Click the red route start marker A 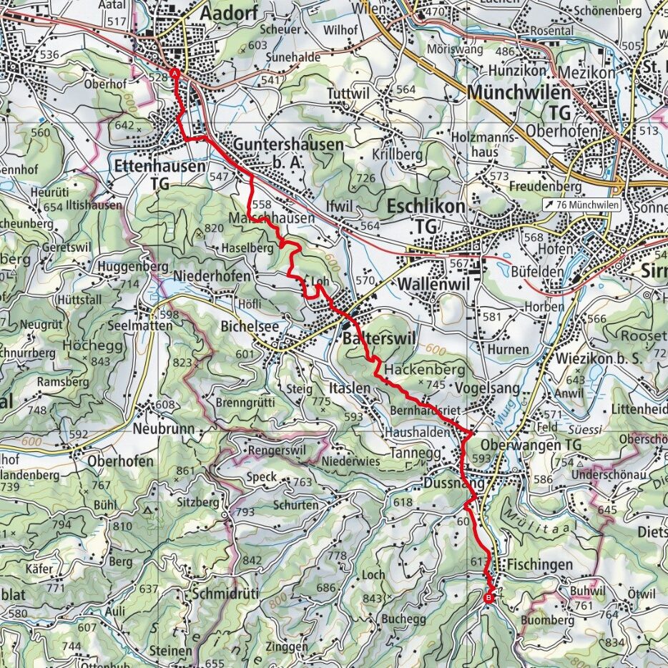(175, 73)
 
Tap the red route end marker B (489, 598)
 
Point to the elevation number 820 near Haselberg (214, 228)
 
